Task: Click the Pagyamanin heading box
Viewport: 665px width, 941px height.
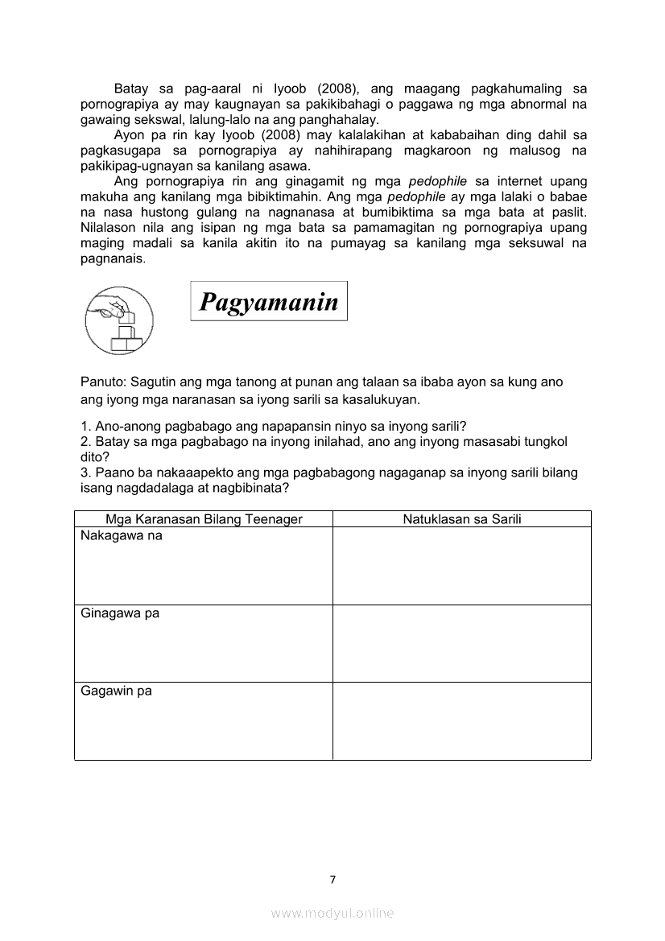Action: [269, 301]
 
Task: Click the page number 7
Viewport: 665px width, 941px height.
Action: [332, 879]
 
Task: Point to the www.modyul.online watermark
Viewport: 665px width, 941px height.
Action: [332, 913]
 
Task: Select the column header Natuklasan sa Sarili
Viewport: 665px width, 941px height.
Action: [462, 519]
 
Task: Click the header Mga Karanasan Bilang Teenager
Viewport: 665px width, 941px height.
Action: [204, 519]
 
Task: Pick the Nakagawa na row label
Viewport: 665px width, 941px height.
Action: [122, 536]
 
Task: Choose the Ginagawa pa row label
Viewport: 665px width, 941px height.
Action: [120, 613]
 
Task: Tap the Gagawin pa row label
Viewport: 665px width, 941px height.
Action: [117, 691]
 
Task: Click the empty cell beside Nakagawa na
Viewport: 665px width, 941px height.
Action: [462, 565]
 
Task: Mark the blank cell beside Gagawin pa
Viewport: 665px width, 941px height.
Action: [462, 721]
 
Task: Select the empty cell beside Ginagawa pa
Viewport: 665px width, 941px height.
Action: [462, 643]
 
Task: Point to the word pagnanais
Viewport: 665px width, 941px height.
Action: [113, 258]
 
